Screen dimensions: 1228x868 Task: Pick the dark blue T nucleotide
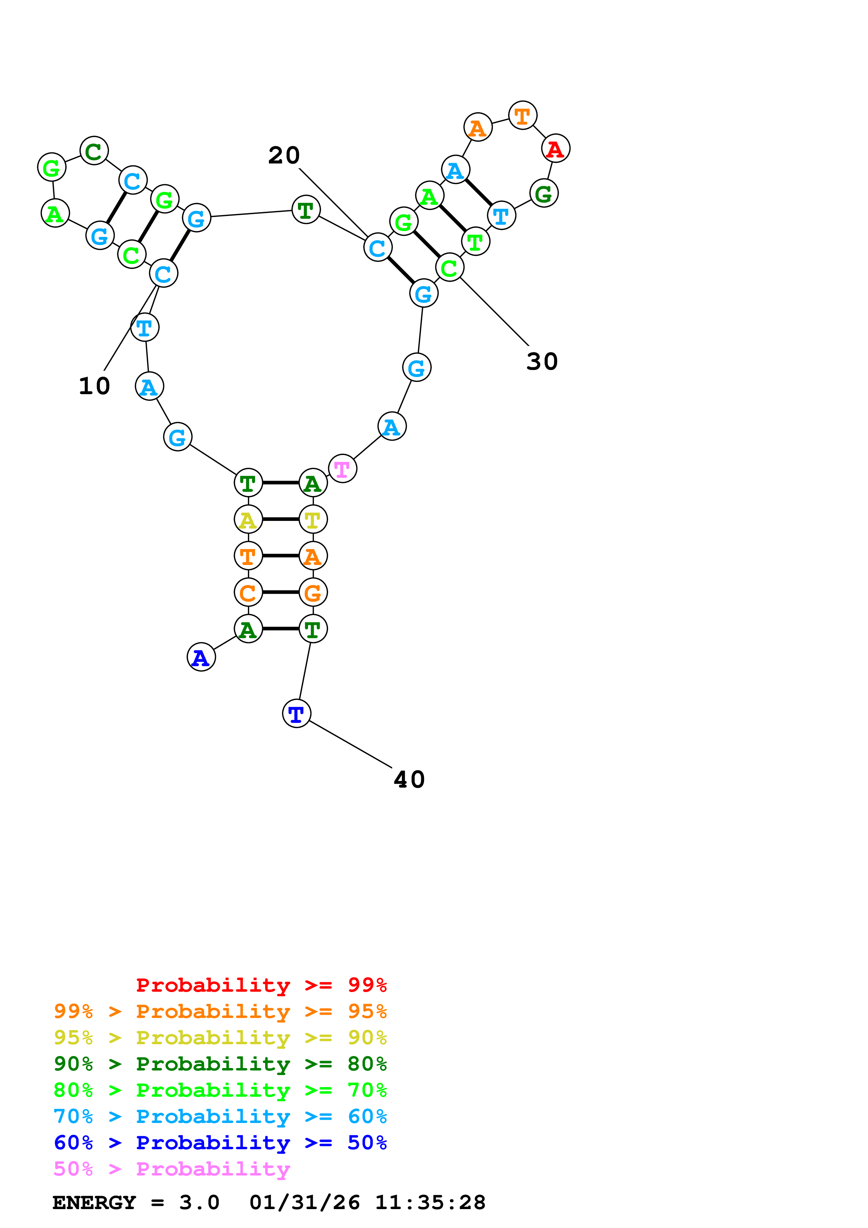click(x=296, y=713)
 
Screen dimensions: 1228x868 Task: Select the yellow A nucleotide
click(x=248, y=519)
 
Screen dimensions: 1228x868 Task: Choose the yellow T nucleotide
click(x=313, y=519)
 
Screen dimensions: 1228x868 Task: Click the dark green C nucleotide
click(x=94, y=151)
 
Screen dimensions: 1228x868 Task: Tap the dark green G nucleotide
click(x=544, y=193)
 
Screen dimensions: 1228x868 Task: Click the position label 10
click(x=94, y=386)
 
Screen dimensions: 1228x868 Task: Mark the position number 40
click(x=409, y=779)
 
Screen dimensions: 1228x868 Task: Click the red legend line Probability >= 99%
click(x=261, y=985)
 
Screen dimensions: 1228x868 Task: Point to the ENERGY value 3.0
click(x=199, y=1202)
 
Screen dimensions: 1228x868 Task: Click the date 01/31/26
click(x=305, y=1202)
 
